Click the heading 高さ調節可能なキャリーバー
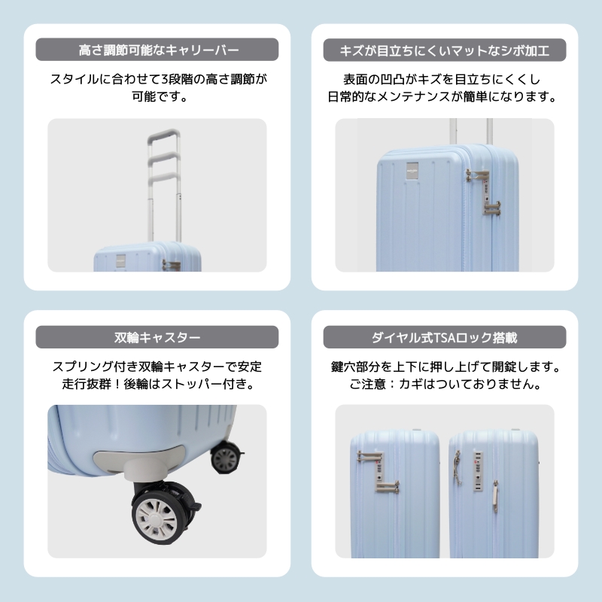point(159,50)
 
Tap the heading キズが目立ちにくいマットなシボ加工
point(445,50)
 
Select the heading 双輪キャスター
point(157,337)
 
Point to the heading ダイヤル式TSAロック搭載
point(445,337)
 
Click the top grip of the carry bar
point(164,135)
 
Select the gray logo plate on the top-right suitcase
point(412,171)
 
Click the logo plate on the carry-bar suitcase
point(121,261)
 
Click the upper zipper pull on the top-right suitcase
point(476,175)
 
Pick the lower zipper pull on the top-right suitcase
point(492,208)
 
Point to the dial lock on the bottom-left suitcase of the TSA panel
point(379,471)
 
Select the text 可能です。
point(160,96)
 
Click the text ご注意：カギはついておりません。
point(445,384)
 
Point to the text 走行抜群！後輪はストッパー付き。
point(157,384)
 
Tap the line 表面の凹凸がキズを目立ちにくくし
point(442,80)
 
